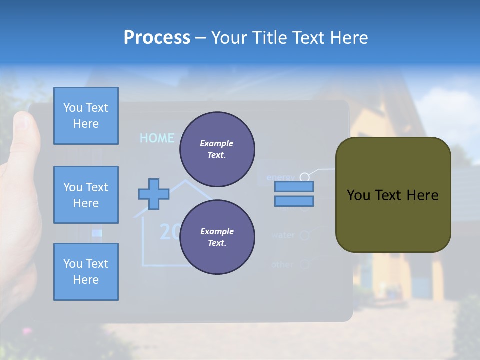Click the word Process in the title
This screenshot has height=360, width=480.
click(157, 38)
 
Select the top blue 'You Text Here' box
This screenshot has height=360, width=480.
click(86, 116)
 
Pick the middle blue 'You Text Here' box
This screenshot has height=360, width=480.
click(86, 195)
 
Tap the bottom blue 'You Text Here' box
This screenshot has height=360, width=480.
click(86, 272)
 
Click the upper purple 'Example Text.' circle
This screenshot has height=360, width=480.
click(217, 149)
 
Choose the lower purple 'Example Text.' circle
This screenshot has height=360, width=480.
click(217, 237)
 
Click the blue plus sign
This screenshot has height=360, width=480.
click(153, 194)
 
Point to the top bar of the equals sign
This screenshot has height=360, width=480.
click(294, 187)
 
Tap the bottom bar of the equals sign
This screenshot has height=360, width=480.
click(294, 201)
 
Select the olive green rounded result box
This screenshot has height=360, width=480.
click(393, 195)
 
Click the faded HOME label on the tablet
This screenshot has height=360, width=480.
click(157, 138)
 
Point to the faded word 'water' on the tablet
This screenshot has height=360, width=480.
click(283, 235)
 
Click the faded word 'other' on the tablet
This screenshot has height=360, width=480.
click(282, 264)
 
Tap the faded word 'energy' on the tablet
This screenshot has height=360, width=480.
click(281, 177)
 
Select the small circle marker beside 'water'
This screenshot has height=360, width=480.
click(304, 234)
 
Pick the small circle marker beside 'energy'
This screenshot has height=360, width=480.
click(304, 177)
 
